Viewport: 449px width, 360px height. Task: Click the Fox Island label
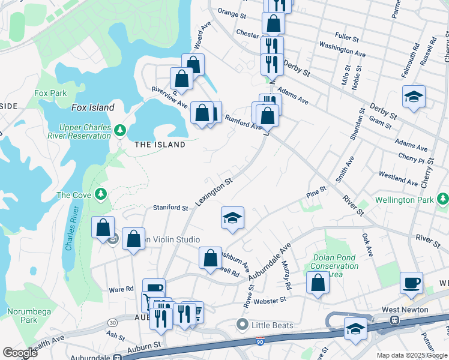93,107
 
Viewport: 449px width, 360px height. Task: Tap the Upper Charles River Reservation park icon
119,130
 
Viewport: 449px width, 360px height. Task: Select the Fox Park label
50,93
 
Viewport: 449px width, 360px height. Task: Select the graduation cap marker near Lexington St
232,218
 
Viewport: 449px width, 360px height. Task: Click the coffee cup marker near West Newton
412,283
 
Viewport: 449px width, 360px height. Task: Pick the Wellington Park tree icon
442,199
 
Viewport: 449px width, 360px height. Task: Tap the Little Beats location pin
243,325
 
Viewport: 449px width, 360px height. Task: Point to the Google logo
20,353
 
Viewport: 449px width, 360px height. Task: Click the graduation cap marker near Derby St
414,97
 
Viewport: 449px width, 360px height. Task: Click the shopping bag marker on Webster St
318,283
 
